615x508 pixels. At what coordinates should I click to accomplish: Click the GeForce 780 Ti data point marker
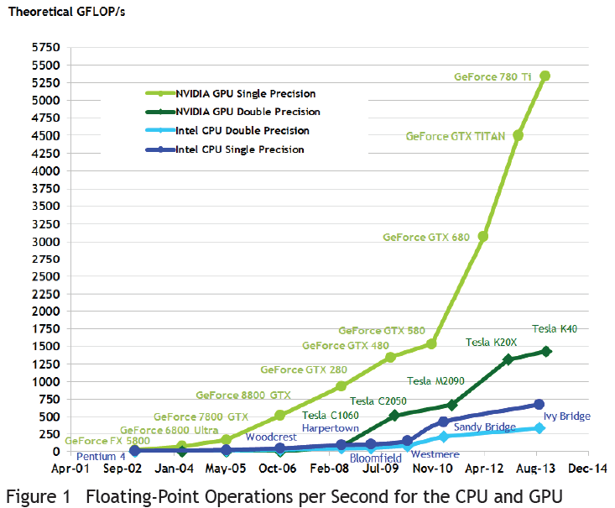[545, 76]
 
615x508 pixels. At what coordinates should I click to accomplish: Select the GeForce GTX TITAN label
[456, 136]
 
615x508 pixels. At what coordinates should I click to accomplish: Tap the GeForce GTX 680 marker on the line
[483, 237]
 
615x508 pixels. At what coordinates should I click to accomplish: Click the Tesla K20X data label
[491, 342]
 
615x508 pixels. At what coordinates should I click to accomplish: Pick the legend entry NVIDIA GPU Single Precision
[245, 93]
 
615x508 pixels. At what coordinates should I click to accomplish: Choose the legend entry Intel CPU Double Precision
[242, 130]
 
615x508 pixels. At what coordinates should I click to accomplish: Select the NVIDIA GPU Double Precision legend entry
[248, 112]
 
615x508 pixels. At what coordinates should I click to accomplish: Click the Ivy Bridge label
[567, 416]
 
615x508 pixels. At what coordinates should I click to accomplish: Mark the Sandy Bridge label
[484, 428]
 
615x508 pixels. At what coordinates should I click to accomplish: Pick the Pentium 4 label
[101, 457]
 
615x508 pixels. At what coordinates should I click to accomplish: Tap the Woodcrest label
[271, 413]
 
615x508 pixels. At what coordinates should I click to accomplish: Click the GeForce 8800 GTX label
[243, 395]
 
